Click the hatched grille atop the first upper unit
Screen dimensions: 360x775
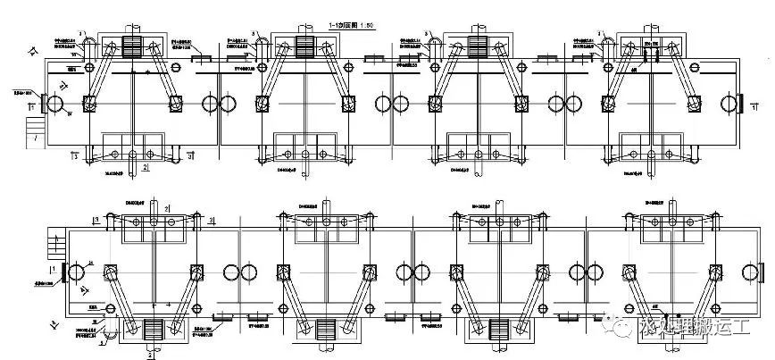132,46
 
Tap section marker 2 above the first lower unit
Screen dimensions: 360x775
166,209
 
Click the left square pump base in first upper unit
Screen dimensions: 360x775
89,105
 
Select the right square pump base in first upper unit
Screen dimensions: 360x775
175,105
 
